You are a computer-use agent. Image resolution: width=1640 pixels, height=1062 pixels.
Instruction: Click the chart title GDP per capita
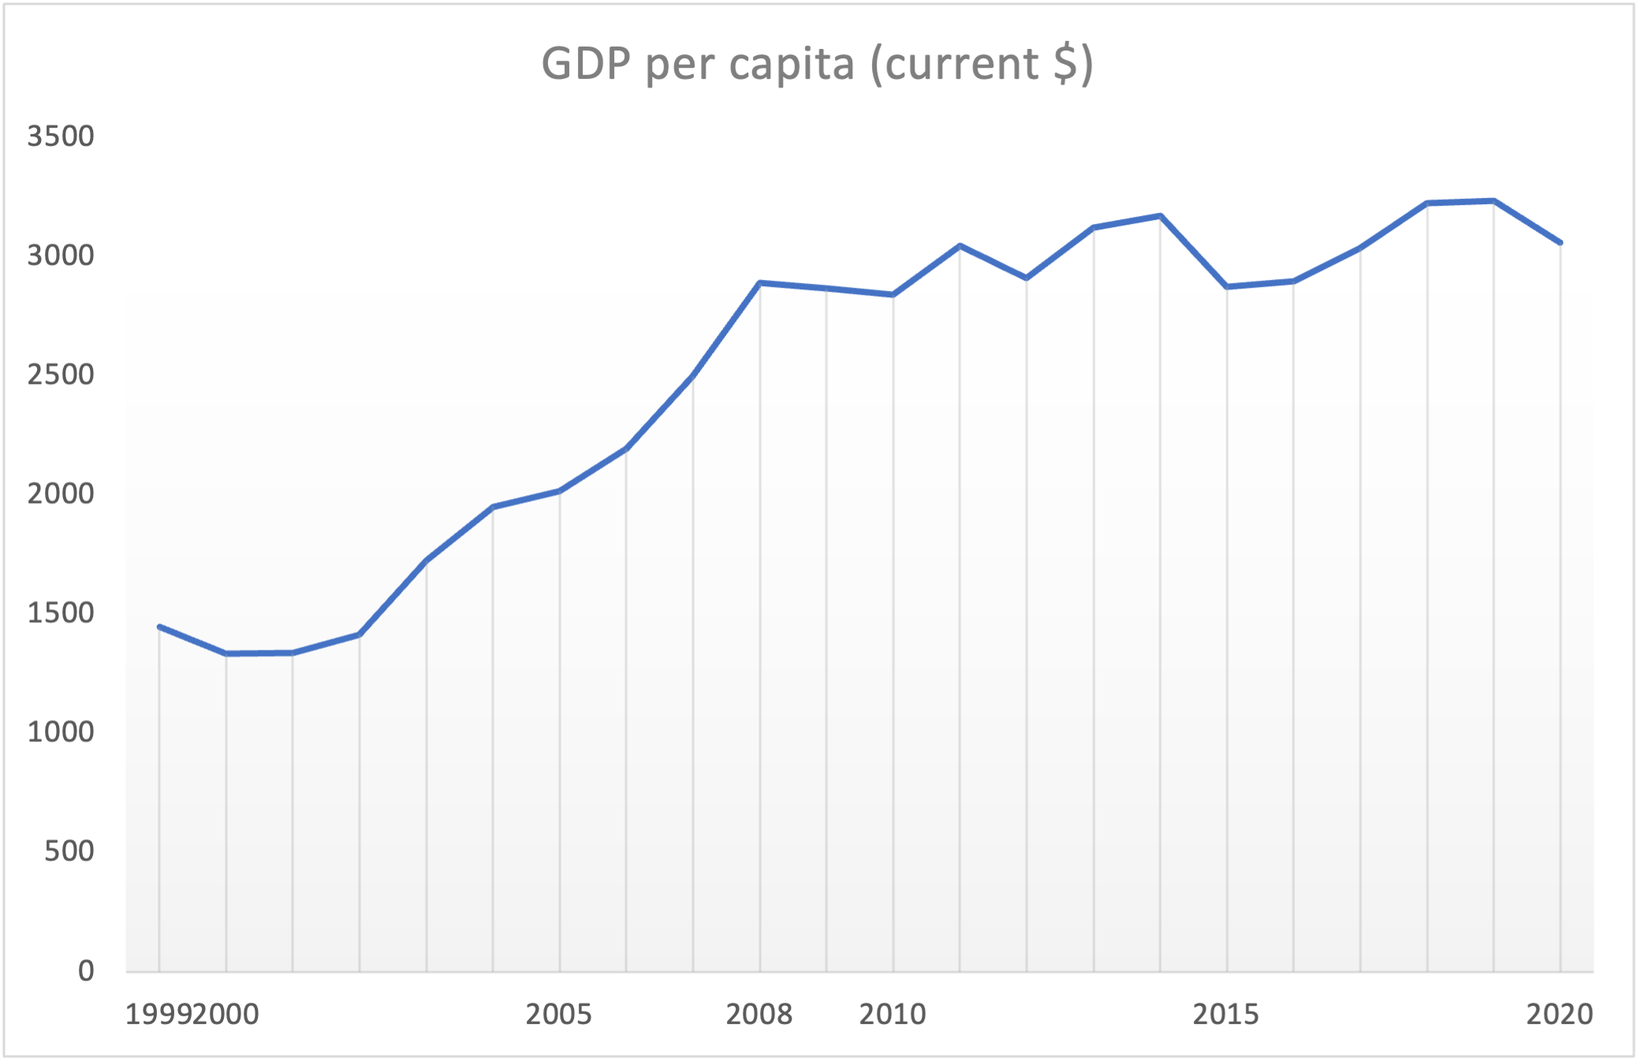(x=817, y=64)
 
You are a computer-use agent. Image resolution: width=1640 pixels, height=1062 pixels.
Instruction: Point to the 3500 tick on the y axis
(x=61, y=136)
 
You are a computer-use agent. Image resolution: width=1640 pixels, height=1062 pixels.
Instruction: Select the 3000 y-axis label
(x=61, y=255)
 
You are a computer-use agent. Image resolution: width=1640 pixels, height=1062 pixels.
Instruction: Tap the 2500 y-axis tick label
(x=61, y=374)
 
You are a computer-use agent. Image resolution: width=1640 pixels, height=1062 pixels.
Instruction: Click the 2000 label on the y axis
(x=61, y=494)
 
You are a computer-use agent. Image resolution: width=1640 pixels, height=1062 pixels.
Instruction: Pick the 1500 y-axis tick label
(x=61, y=613)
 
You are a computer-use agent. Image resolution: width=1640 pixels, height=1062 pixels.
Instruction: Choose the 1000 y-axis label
(x=61, y=732)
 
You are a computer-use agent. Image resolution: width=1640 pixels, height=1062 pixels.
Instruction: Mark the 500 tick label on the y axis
(x=69, y=851)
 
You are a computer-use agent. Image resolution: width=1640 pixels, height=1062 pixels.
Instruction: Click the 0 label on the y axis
(x=86, y=971)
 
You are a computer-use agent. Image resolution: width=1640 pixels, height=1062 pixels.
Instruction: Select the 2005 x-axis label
(x=558, y=1014)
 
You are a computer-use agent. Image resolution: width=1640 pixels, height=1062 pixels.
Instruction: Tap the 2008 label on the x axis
(x=758, y=1014)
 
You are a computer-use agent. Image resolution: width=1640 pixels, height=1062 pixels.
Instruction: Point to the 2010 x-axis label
(x=893, y=1014)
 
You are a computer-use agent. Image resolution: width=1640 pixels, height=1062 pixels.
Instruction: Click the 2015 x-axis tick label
(x=1226, y=1014)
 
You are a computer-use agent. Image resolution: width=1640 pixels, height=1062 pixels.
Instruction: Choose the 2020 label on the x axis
(x=1560, y=1014)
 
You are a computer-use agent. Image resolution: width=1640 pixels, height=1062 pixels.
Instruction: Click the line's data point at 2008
(x=759, y=282)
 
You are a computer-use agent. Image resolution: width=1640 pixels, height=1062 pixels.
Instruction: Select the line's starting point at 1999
(x=159, y=627)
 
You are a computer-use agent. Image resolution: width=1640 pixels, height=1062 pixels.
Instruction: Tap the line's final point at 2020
(x=1560, y=243)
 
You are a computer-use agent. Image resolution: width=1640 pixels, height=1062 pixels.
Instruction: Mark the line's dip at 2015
(x=1227, y=287)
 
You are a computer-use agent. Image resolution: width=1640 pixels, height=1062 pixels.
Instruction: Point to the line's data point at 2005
(x=559, y=492)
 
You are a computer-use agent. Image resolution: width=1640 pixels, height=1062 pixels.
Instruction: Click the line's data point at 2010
(x=893, y=295)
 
